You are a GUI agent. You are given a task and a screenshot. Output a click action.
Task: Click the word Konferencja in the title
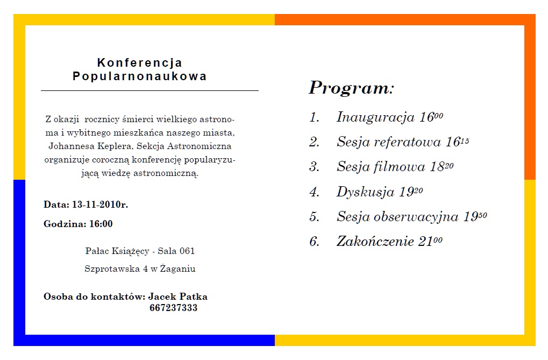tap(140, 63)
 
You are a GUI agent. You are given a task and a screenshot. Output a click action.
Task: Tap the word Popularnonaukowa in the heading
tap(140, 76)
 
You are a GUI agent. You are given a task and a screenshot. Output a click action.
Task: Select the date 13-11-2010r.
tap(99, 204)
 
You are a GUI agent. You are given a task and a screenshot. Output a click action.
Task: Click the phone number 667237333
tap(173, 308)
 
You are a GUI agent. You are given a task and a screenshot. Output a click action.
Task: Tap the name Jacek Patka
tap(177, 297)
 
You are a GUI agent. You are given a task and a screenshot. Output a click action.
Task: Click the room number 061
tap(187, 251)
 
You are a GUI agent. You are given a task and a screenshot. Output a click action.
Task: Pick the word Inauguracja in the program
tap(375, 117)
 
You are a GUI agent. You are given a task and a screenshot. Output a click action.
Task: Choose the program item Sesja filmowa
tap(381, 167)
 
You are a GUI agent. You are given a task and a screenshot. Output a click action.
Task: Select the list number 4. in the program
tap(315, 192)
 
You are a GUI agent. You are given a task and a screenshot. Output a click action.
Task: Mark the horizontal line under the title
tap(150, 91)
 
